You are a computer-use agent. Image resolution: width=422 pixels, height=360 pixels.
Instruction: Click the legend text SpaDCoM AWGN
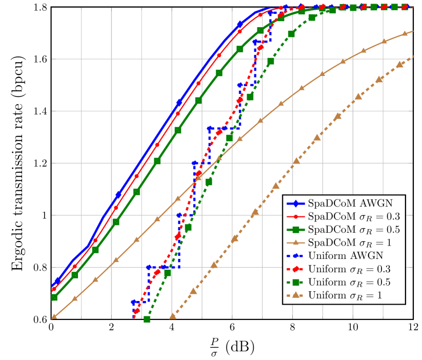350,203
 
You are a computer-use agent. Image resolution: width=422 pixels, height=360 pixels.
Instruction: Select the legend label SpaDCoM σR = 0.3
354,216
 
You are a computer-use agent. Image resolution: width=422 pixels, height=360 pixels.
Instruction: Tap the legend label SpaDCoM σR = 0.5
354,229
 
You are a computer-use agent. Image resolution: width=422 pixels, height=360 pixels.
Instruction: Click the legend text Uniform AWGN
346,255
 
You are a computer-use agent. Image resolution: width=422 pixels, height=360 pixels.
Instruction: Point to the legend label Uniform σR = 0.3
350,269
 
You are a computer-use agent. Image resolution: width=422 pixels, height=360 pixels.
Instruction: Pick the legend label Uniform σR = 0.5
350,282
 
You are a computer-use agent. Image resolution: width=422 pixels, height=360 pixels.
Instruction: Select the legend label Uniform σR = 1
345,295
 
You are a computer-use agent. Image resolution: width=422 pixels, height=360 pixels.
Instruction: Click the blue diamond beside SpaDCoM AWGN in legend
296,203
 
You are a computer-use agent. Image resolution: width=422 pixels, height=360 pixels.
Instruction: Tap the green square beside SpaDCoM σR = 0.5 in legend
296,229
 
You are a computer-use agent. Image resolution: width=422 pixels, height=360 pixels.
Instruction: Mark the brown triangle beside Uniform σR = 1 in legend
296,295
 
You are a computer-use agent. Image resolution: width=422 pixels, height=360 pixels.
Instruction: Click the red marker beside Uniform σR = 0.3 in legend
296,269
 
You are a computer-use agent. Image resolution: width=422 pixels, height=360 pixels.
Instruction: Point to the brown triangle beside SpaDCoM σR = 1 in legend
296,242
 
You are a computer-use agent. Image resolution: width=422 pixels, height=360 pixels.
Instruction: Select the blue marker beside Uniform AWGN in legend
296,255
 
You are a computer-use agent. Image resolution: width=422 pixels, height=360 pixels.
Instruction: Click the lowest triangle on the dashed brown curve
173,316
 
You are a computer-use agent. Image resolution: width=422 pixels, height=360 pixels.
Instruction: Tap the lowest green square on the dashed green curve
147,319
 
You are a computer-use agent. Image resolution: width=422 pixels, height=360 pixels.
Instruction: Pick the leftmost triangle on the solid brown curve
54,316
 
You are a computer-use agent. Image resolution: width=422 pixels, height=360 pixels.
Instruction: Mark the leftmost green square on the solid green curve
54,297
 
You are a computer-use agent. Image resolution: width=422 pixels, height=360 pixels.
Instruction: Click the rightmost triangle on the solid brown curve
405,33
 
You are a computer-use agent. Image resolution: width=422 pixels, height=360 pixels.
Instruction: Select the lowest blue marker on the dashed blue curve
134,303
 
